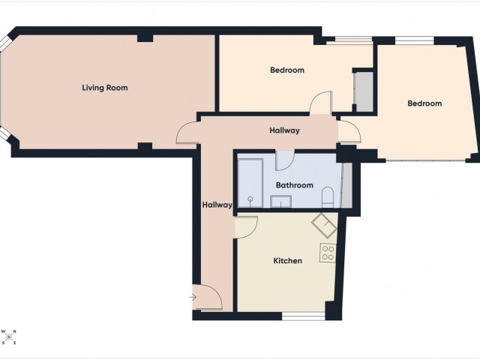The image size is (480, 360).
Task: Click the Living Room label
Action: click(105, 88)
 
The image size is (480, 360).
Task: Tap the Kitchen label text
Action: click(287, 261)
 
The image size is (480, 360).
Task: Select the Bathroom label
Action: click(294, 185)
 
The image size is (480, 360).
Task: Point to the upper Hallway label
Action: click(284, 130)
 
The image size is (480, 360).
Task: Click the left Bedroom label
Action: click(286, 70)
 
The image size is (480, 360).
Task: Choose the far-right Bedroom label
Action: click(424, 103)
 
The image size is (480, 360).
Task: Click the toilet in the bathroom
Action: click(327, 198)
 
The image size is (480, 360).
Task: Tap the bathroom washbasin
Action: click(281, 200)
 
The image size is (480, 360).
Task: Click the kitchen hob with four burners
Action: click(328, 253)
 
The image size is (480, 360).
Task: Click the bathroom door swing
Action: click(285, 160)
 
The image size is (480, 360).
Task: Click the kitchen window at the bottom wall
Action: click(303, 316)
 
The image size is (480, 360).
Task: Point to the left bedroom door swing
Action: click(322, 103)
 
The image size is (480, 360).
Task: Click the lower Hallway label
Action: click(217, 204)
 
